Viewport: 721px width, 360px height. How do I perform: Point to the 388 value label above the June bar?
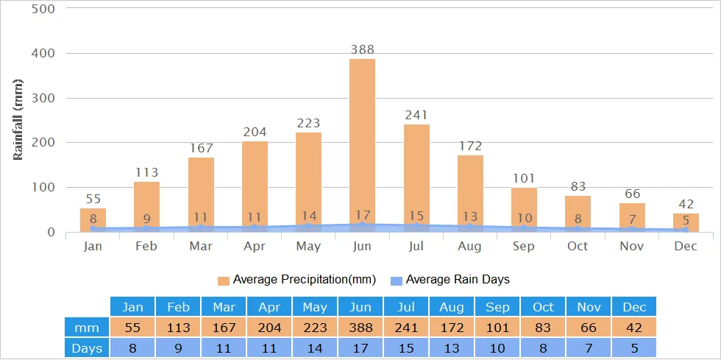[362, 50]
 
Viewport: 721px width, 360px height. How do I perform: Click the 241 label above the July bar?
[416, 115]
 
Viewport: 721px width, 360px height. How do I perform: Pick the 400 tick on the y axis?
[43, 54]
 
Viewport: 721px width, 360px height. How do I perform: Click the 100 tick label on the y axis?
[43, 188]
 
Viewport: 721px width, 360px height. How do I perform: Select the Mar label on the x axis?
[201, 246]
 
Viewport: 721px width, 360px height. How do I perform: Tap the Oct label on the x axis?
[578, 246]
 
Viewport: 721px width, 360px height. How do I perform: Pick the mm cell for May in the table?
[315, 327]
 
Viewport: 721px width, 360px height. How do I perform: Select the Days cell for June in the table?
[360, 347]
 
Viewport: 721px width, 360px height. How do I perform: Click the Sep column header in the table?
[497, 307]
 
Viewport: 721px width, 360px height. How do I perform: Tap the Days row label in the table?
[87, 347]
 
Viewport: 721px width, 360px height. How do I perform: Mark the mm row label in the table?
[87, 327]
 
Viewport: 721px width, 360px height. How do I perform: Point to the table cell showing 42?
[633, 327]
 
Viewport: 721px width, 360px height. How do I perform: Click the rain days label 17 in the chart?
[362, 216]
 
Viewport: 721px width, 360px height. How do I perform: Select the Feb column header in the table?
[178, 307]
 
